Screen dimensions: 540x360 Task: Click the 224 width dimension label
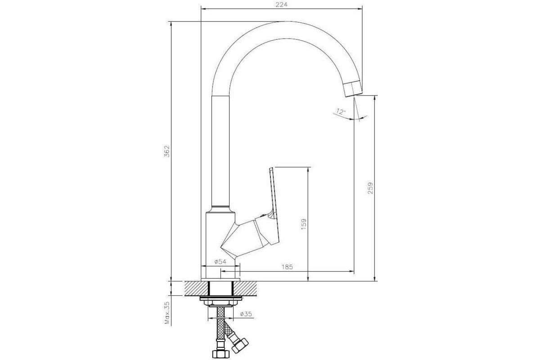point(281,4)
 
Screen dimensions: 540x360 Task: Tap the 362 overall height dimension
point(167,151)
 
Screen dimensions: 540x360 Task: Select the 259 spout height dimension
point(370,188)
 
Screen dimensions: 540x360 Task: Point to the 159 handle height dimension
point(304,224)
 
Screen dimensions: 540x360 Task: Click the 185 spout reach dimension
point(287,267)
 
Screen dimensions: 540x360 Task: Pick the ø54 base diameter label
point(220,261)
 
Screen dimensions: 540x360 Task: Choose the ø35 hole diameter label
point(246,314)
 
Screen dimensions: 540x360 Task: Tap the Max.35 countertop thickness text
point(167,313)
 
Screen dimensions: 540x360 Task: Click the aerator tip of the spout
point(353,89)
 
